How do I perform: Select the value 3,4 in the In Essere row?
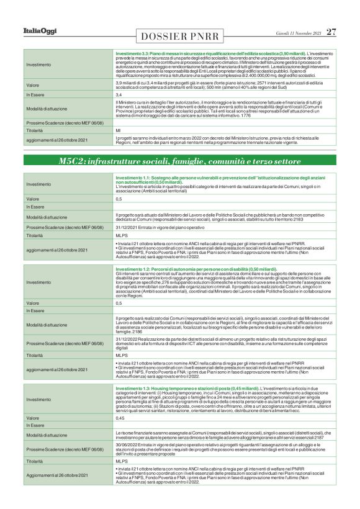119,95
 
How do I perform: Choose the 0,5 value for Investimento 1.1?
119,199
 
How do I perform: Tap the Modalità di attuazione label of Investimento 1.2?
47,325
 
